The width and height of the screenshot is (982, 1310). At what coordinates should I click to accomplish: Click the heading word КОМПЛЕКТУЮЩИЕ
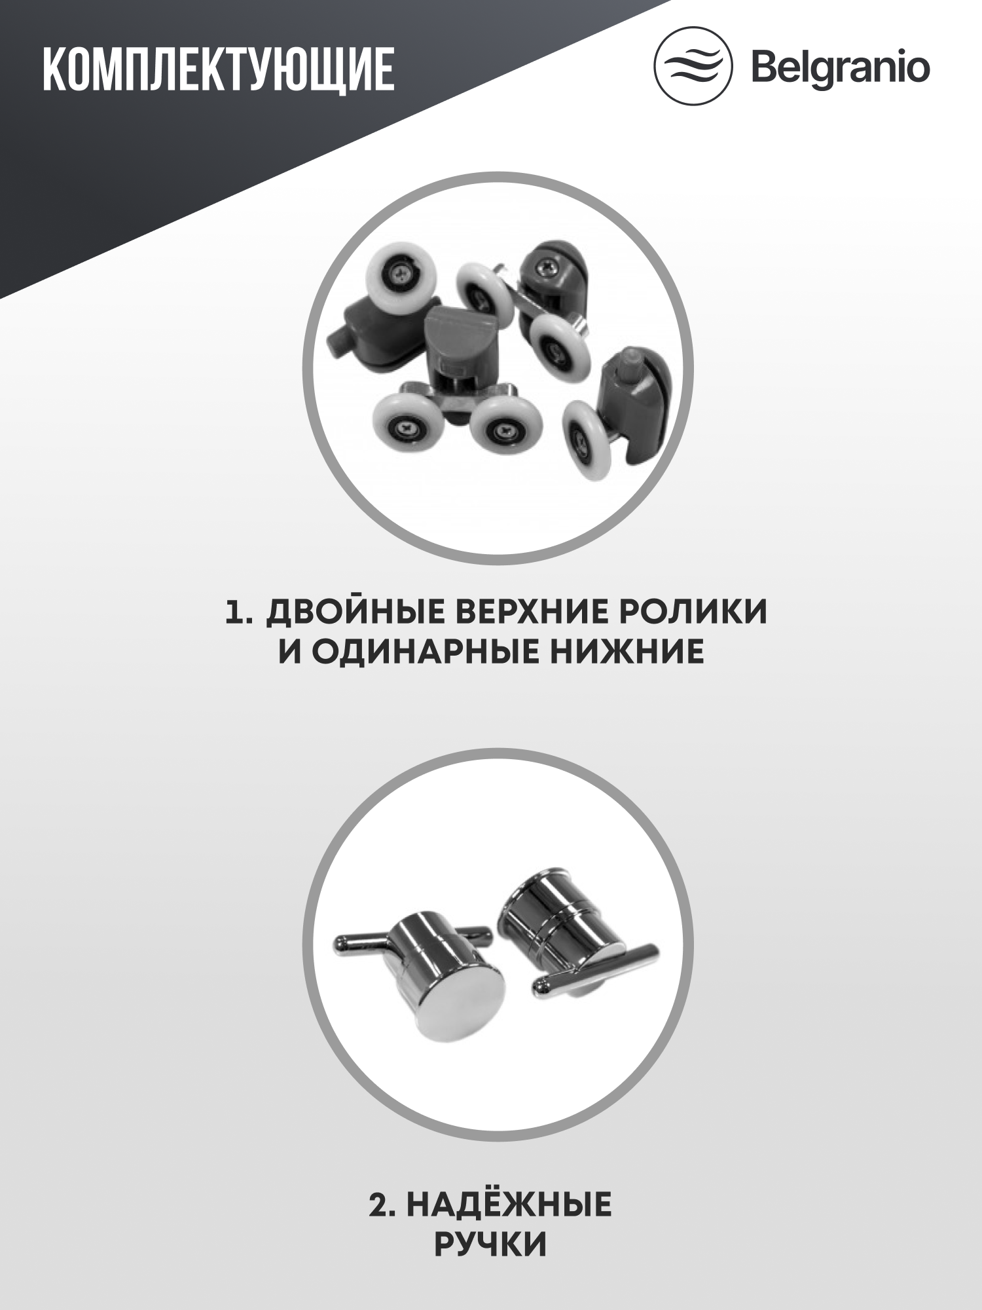(x=218, y=69)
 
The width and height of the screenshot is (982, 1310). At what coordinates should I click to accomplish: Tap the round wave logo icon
(x=693, y=66)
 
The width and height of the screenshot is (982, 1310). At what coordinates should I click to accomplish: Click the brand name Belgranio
(x=841, y=68)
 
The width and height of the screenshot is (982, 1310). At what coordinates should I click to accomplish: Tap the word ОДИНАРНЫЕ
(x=425, y=652)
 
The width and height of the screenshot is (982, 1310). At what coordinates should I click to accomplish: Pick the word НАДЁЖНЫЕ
(x=509, y=1205)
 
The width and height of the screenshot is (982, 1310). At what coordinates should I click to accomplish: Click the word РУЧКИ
(x=490, y=1244)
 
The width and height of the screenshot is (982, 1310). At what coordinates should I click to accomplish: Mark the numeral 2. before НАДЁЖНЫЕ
(x=382, y=1205)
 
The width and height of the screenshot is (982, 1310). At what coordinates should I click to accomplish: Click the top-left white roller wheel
(x=401, y=276)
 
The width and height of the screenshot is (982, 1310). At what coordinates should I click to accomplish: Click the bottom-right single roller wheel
(x=586, y=440)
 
